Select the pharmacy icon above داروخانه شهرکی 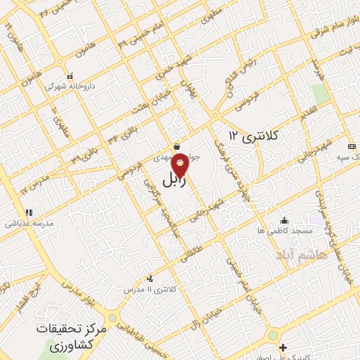click(x=69, y=77)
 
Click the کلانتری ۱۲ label click(x=254, y=134)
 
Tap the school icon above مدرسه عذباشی click(x=29, y=212)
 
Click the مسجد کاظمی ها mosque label click(x=283, y=231)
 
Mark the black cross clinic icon click(x=283, y=347)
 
